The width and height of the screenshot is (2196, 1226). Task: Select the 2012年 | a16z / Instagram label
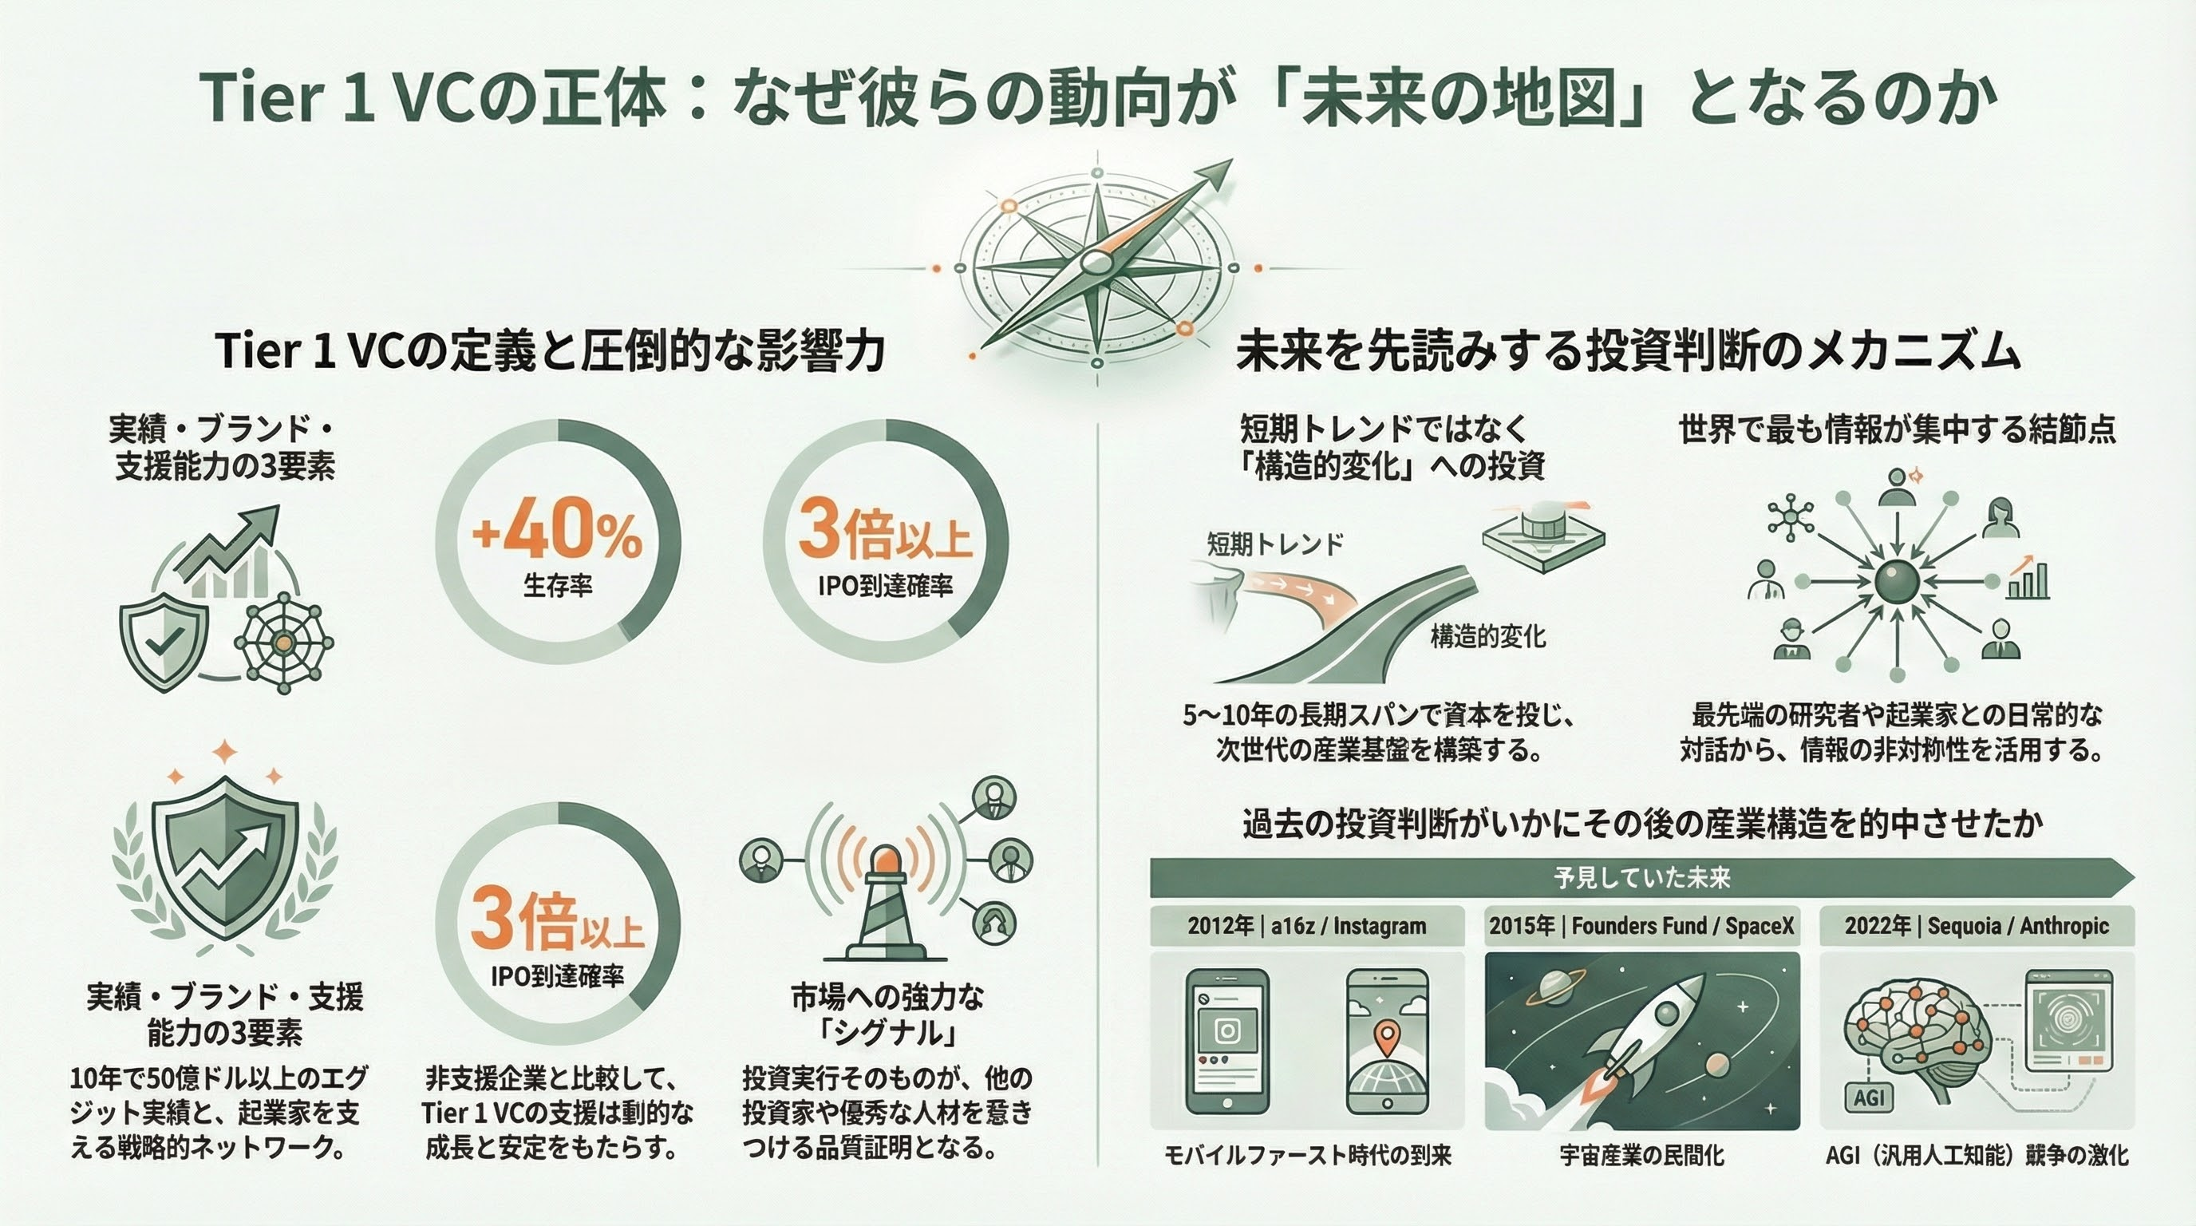(1306, 926)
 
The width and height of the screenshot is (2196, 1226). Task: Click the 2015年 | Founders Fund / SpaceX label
(1641, 926)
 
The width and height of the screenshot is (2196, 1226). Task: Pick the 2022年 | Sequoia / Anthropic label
(1976, 926)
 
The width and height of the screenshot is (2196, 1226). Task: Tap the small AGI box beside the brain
(1869, 1097)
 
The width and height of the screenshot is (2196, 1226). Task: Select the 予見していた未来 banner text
(1641, 877)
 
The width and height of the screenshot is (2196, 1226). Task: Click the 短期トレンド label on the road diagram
(1274, 543)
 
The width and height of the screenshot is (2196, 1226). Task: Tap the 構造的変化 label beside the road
(1487, 636)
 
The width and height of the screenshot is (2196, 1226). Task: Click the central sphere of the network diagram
(1897, 583)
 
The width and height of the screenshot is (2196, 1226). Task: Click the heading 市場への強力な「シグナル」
(887, 1014)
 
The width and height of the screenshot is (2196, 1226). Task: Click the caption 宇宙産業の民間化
(1641, 1156)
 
